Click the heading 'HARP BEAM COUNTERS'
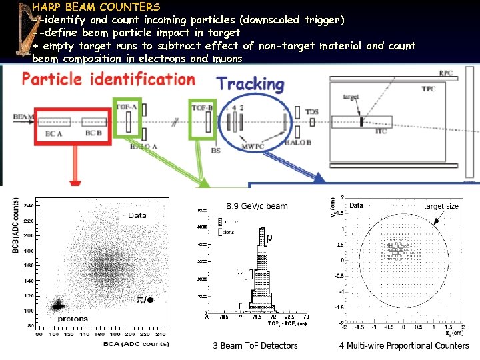click(x=96, y=7)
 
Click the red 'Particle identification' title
click(x=109, y=79)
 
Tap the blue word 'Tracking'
click(x=251, y=85)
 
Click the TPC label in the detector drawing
click(x=427, y=89)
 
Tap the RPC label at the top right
click(x=445, y=73)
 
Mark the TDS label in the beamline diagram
click(x=311, y=111)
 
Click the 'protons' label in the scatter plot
click(x=71, y=319)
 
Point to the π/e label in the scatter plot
click(x=145, y=300)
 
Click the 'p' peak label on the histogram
click(x=269, y=237)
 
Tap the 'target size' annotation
click(x=441, y=206)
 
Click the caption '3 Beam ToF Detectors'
click(x=255, y=345)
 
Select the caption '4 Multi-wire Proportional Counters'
click(x=404, y=345)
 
